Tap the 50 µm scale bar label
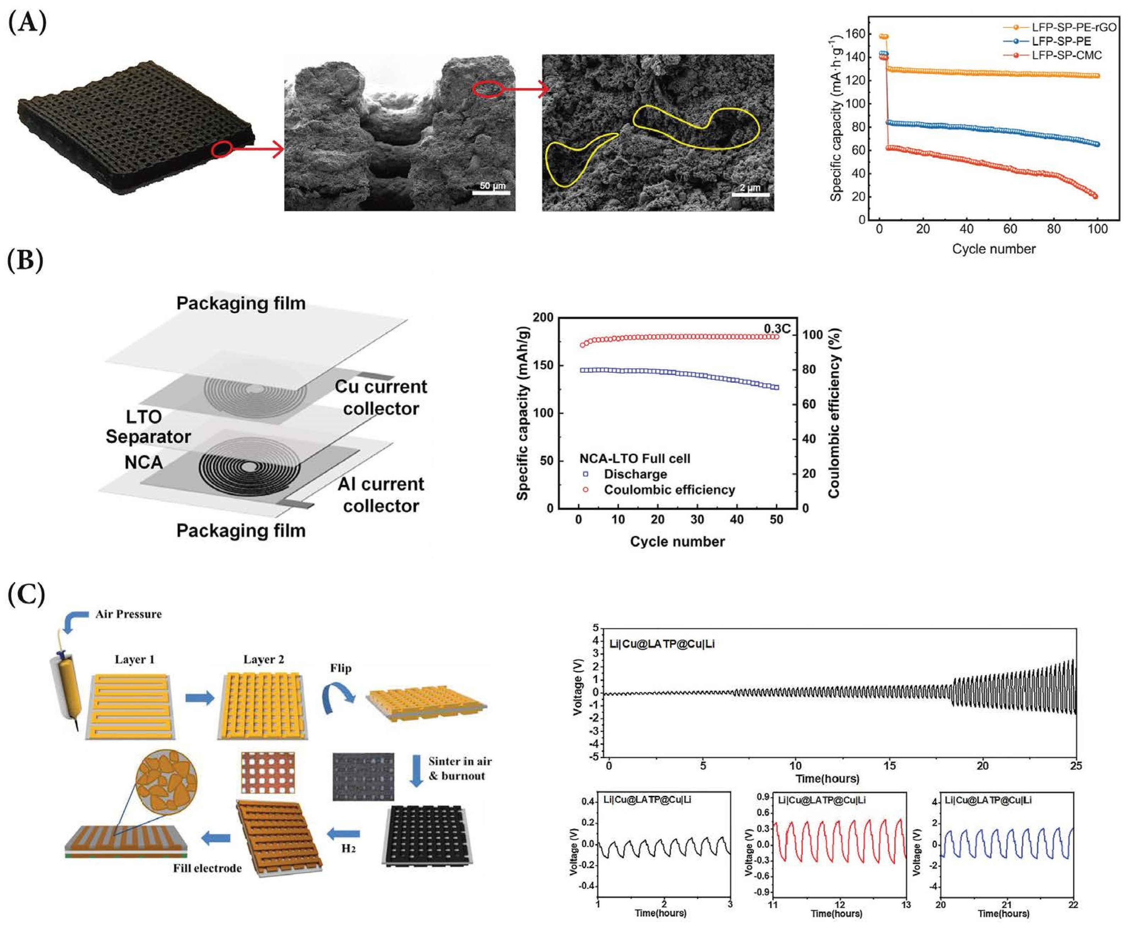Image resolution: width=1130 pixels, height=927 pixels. tap(492, 186)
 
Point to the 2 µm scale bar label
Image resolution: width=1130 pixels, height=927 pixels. tap(750, 188)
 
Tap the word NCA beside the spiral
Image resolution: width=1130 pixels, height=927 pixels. tap(143, 462)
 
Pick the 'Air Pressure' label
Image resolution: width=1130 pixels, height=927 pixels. tap(128, 614)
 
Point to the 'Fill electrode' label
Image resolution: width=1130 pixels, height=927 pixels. tap(207, 868)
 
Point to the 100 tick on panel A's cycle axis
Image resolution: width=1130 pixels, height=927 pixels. tap(1097, 229)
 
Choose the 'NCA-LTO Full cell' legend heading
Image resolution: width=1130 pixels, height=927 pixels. tap(635, 458)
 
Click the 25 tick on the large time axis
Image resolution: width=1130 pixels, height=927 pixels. tap(1075, 766)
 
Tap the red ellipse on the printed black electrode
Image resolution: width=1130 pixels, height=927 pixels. tap(221, 150)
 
